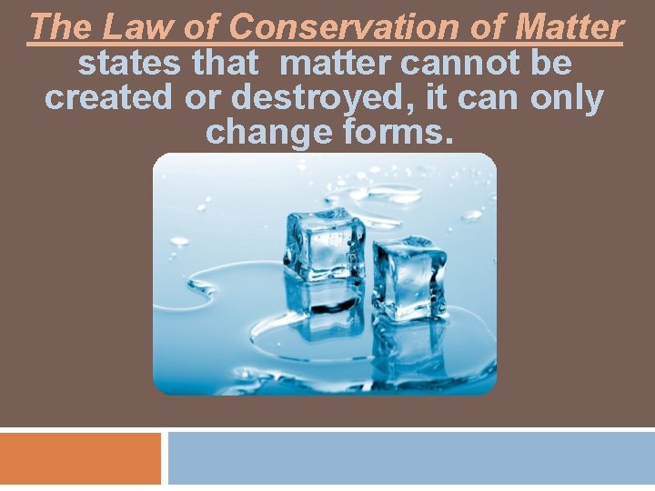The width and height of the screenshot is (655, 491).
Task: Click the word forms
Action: pyautogui.click(x=402, y=133)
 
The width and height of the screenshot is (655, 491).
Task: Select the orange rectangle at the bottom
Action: pyautogui.click(x=80, y=458)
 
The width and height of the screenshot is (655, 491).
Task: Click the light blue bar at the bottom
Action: pyautogui.click(x=411, y=458)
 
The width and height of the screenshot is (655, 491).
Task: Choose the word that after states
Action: pyautogui.click(x=226, y=64)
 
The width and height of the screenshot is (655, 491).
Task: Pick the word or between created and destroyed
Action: pyautogui.click(x=205, y=98)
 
